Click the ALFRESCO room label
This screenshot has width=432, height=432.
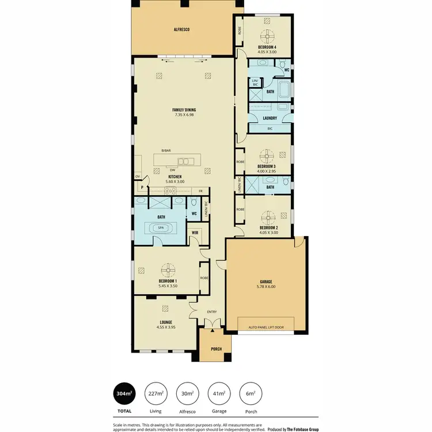[x=182, y=28]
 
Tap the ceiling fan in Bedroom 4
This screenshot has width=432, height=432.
[x=267, y=36]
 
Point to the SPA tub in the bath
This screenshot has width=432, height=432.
[x=161, y=228]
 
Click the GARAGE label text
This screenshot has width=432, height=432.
[x=265, y=282]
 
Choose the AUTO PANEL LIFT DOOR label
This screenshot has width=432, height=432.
[x=266, y=327]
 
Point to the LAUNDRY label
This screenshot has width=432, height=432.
[x=270, y=119]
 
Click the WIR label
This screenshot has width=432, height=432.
[x=195, y=233]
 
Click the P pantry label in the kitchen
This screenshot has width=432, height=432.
[x=141, y=188]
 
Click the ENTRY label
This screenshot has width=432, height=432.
[x=212, y=312]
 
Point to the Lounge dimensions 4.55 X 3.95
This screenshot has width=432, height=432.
[x=166, y=327]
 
